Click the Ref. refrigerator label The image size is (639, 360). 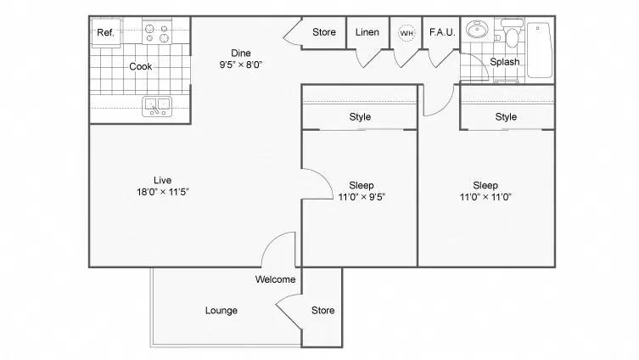(x=106, y=32)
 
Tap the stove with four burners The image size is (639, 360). (x=157, y=31)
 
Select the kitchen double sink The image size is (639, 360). (x=157, y=106)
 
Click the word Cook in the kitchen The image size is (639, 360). (x=141, y=66)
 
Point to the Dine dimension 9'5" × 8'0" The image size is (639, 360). (x=242, y=64)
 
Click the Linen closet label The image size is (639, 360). (x=367, y=32)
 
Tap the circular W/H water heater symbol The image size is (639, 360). (x=406, y=32)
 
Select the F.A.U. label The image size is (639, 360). (x=442, y=32)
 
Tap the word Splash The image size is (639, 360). (x=504, y=62)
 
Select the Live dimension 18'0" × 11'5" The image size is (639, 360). (x=164, y=192)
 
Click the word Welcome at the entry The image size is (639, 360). (x=275, y=279)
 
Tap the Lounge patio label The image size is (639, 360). (x=221, y=311)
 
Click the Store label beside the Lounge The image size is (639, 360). (x=322, y=311)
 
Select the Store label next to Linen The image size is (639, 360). (x=324, y=32)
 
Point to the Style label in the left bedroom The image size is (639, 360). (x=360, y=117)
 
